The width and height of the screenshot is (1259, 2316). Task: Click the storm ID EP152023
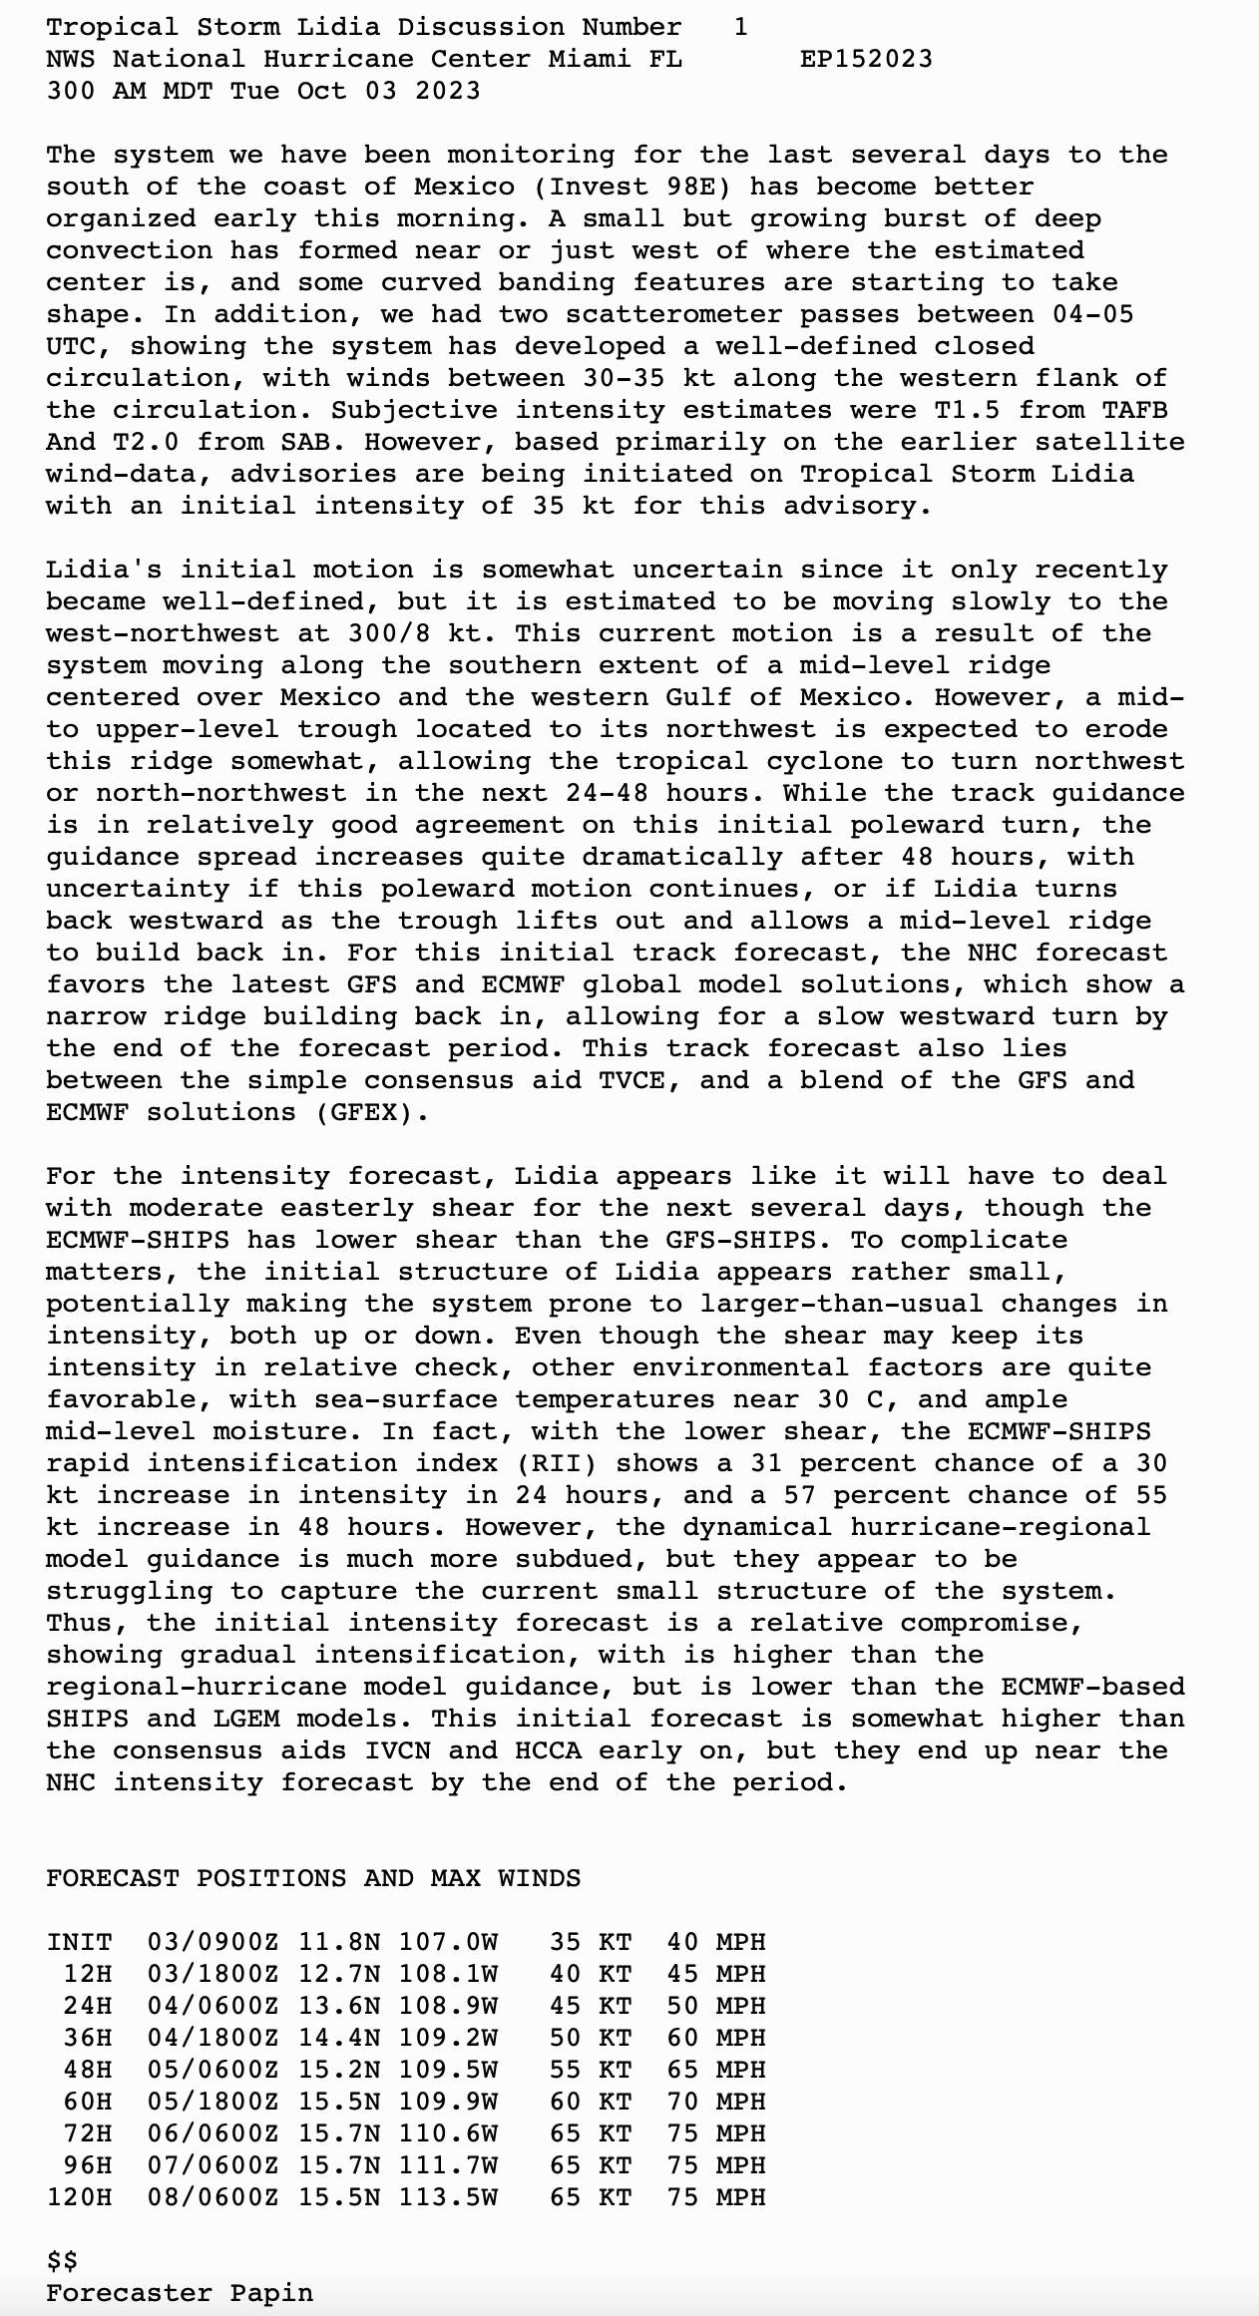[866, 59]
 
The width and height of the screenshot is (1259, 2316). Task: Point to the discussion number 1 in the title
[740, 27]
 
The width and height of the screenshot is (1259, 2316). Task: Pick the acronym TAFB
[1134, 410]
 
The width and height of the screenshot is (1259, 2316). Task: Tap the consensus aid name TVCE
[648, 1080]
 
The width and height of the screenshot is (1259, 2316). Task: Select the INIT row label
[79, 1942]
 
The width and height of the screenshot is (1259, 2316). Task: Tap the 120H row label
[79, 2197]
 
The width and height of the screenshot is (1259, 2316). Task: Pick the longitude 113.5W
[448, 2197]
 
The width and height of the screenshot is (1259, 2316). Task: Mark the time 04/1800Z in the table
[212, 2038]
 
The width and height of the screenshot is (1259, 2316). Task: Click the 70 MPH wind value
[716, 2102]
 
